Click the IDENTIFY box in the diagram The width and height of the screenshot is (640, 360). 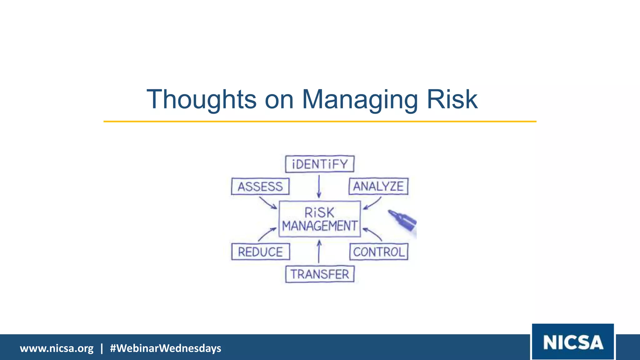pos(320,164)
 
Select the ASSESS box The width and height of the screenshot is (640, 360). pos(260,187)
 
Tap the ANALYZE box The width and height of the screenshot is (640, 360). pos(378,186)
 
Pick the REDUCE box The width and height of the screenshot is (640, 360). pos(260,252)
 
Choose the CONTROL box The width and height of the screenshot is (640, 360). pos(379,252)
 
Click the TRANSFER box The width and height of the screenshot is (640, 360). pos(320,274)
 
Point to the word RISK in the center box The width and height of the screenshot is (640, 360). pos(319,213)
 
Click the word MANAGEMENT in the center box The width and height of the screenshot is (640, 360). pos(319,226)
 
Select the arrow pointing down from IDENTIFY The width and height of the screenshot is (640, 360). pos(319,186)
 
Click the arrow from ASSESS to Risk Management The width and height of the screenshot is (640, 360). pos(268,202)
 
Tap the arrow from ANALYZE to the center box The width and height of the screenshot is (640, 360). pos(372,203)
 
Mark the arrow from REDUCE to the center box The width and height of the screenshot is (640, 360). pos(267,234)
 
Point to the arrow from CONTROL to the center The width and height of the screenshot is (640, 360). pos(372,234)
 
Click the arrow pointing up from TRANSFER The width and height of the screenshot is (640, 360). pos(319,251)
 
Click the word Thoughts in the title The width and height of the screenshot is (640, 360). pos(202,99)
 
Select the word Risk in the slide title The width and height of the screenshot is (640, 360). pos(452,99)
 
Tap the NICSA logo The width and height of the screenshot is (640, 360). pos(573,342)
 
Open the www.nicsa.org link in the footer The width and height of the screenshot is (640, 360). pos(57,348)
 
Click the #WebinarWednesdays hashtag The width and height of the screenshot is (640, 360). pos(165,348)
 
